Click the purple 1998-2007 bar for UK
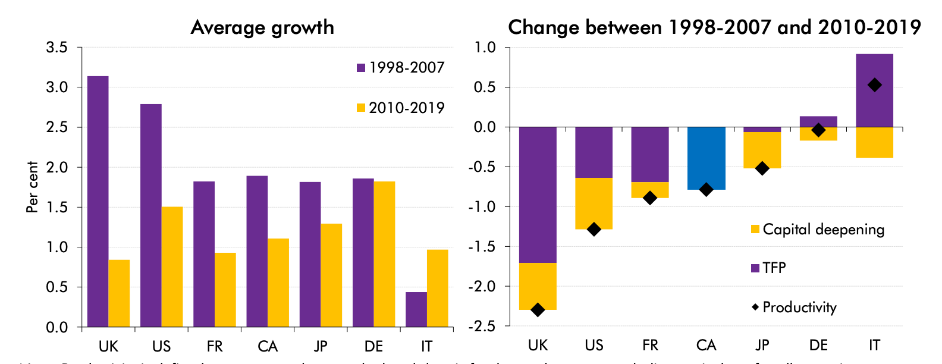(98, 202)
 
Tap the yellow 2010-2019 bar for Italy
(437, 288)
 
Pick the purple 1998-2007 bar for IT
(416, 309)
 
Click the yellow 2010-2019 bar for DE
(384, 254)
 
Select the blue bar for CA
(706, 158)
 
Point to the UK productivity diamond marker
(538, 310)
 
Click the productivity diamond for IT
(874, 85)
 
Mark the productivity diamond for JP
(762, 168)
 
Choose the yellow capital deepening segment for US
(594, 203)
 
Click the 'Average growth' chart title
(262, 27)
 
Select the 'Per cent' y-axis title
(32, 187)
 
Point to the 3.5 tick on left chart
(56, 48)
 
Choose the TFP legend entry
(768, 268)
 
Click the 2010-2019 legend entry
(400, 108)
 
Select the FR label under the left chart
(215, 346)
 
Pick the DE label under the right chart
(818, 345)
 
